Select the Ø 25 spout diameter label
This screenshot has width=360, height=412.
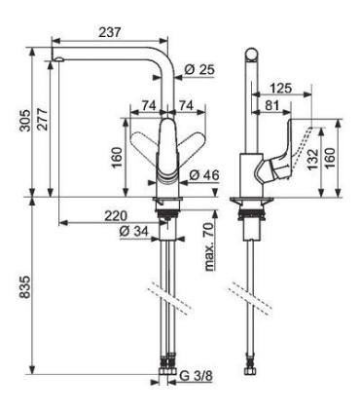(x=200, y=69)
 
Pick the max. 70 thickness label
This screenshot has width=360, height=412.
(x=208, y=246)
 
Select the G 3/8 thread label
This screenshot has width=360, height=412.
(x=198, y=376)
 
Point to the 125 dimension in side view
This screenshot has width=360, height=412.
(x=284, y=88)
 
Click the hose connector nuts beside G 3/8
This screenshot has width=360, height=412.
(x=168, y=371)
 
